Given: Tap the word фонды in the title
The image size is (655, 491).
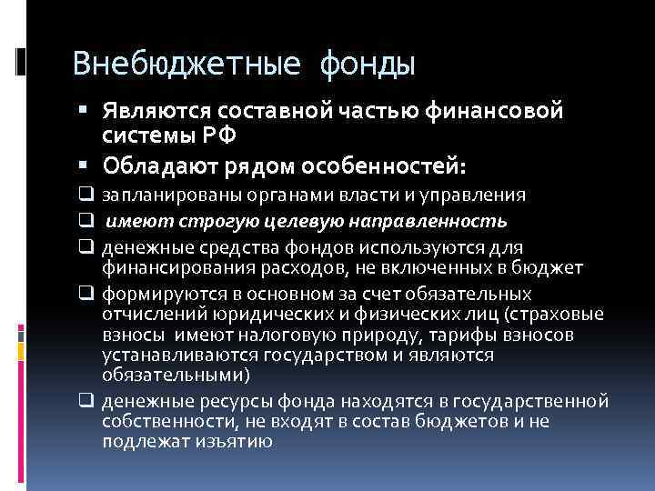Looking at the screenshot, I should pos(368,65).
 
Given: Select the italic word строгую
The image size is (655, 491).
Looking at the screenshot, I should pos(197,221).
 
